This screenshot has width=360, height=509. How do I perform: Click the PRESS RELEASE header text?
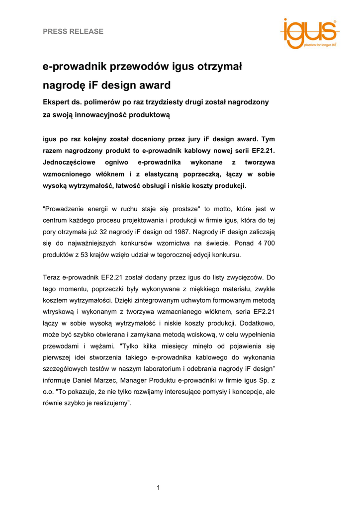tap(73, 31)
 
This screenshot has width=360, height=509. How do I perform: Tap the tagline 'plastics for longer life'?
tap(320, 45)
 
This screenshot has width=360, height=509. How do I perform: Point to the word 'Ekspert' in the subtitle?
tap(57, 102)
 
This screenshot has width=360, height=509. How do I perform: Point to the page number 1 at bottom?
tap(158, 487)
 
